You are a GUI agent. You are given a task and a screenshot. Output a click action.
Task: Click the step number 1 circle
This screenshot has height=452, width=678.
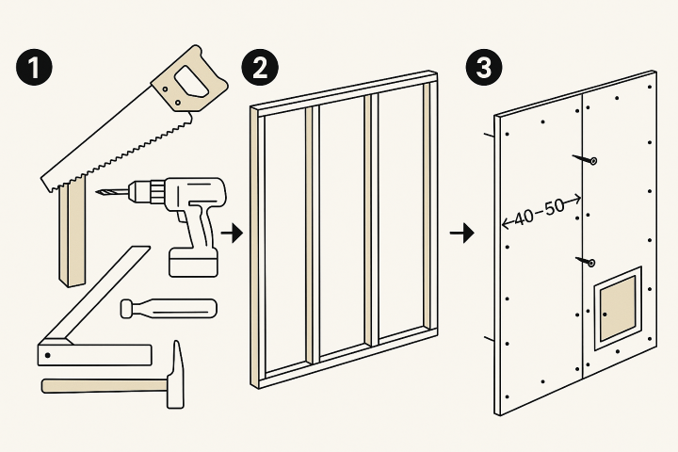[x=34, y=67]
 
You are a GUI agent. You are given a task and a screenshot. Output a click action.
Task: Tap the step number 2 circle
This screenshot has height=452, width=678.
[x=260, y=67]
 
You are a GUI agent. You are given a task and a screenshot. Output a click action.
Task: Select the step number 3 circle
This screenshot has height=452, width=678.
[x=484, y=67]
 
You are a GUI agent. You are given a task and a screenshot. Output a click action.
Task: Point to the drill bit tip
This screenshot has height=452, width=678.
[x=97, y=192]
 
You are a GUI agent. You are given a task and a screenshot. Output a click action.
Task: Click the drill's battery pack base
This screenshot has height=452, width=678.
[x=193, y=262]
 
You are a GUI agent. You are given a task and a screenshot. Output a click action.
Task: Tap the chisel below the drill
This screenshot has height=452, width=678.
[x=169, y=309]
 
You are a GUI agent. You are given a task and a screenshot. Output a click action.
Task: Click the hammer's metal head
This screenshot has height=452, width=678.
[x=175, y=375]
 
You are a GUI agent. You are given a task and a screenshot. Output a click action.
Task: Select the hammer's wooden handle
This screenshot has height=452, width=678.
[x=105, y=386]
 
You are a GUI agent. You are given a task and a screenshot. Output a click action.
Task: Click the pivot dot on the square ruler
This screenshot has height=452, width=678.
[x=48, y=356]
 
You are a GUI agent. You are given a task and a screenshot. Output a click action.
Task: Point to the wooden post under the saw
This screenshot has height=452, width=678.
[x=72, y=234]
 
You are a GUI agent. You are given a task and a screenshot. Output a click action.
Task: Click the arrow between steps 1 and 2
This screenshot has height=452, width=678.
[x=233, y=234]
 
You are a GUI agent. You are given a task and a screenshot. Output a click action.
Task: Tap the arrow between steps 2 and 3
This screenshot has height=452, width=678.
[x=462, y=234]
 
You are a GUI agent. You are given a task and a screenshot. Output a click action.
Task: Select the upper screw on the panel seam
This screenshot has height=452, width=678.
[x=585, y=159]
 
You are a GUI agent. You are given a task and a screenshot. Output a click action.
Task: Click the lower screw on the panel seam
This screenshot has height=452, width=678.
[x=586, y=261]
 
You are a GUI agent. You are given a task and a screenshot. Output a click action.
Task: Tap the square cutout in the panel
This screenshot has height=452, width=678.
[x=618, y=308]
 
